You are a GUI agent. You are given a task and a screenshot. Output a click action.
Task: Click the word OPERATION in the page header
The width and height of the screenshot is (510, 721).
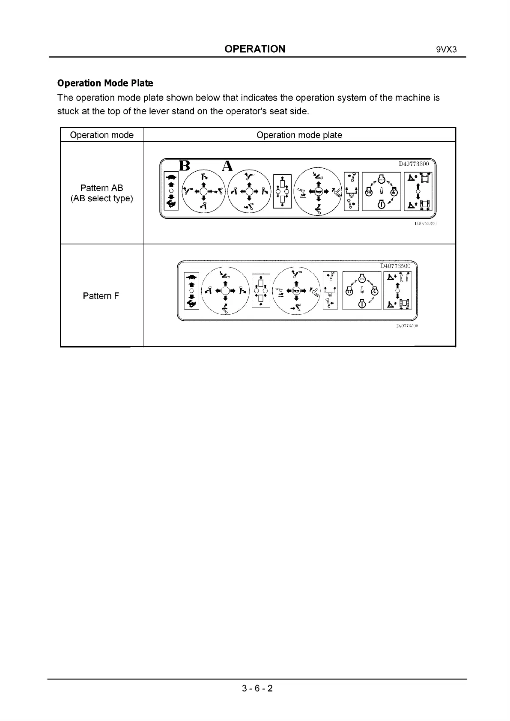click(255, 49)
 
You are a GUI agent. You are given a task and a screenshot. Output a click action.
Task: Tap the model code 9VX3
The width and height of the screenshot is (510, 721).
click(446, 49)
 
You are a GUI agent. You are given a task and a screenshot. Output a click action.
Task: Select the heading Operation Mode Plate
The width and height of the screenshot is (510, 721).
click(105, 83)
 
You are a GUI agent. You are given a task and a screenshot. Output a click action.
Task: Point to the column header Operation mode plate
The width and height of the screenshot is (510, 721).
click(299, 135)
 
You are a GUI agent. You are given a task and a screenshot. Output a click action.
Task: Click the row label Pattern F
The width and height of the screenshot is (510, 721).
click(101, 296)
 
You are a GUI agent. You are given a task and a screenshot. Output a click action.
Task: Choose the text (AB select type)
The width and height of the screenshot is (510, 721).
click(101, 198)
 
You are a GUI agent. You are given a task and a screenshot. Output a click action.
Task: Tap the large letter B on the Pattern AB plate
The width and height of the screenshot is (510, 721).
click(184, 166)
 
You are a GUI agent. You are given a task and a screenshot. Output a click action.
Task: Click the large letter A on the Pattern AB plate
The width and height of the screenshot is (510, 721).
click(227, 166)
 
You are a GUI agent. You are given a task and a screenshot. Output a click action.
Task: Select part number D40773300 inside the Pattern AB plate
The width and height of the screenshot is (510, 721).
click(413, 164)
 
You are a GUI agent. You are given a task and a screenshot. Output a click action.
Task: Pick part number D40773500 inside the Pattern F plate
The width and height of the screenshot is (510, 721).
click(395, 266)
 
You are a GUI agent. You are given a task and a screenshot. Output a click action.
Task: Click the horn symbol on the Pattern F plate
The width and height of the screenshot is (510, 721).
click(296, 291)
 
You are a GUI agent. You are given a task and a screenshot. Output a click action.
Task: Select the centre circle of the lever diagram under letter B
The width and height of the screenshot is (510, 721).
click(203, 191)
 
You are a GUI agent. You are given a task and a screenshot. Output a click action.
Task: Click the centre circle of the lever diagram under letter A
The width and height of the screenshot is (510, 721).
click(249, 191)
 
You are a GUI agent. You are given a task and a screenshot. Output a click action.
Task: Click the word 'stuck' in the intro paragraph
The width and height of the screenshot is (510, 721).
click(68, 111)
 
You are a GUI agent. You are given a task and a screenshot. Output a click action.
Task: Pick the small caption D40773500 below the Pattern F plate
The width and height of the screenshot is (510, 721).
click(407, 326)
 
